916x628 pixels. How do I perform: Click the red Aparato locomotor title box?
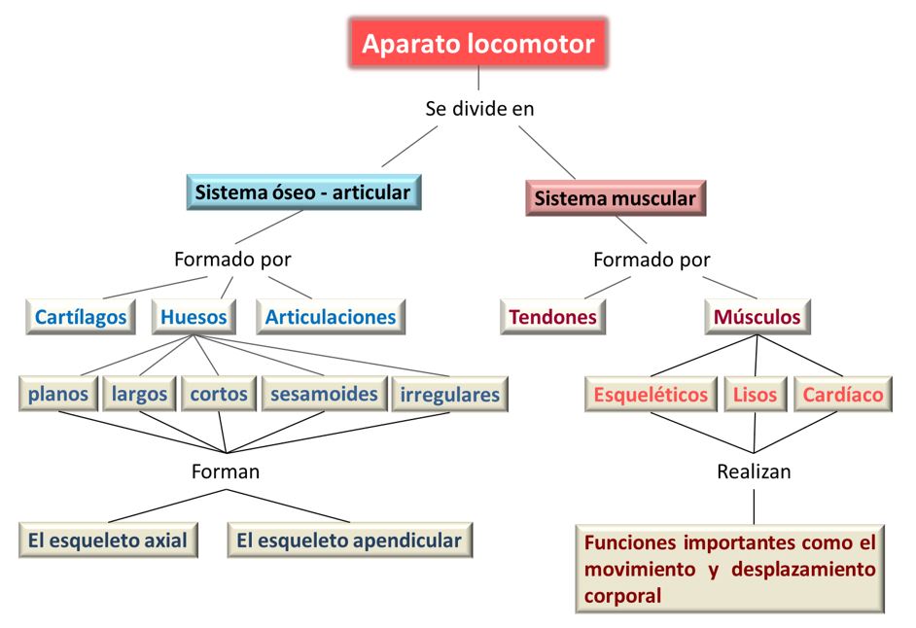click(477, 43)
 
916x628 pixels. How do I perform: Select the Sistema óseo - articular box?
click(302, 192)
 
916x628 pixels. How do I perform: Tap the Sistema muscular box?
click(616, 199)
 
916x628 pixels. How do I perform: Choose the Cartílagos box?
click(81, 317)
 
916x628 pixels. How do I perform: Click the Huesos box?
click(194, 317)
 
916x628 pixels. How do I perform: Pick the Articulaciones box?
click(331, 317)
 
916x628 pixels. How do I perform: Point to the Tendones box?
click(553, 317)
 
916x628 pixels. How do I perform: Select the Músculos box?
click(757, 317)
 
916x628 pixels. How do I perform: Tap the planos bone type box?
click(58, 395)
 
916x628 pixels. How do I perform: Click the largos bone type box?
click(139, 395)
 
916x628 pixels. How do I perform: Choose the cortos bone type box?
click(218, 395)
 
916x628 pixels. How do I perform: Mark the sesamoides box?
click(324, 395)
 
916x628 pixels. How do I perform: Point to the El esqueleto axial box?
click(108, 541)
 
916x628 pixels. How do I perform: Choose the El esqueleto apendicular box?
click(350, 541)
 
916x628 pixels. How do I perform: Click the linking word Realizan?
click(754, 472)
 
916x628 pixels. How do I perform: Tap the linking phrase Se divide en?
click(479, 109)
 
